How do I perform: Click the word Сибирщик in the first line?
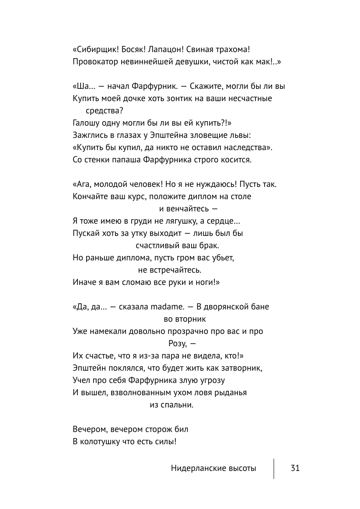[x=95, y=49]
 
